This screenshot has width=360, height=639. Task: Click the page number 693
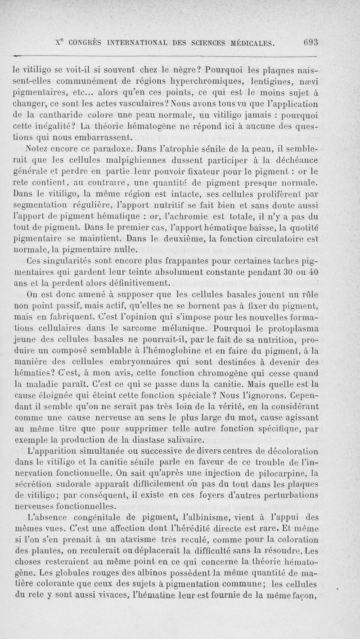[x=310, y=43]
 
